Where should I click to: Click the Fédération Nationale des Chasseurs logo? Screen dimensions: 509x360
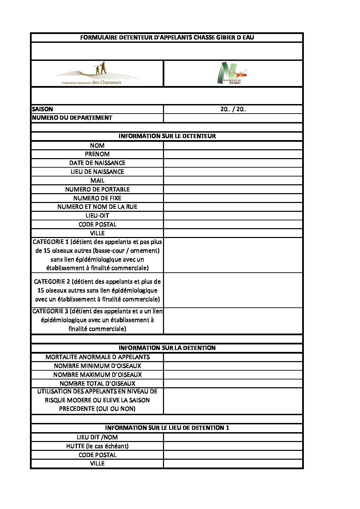coord(97,74)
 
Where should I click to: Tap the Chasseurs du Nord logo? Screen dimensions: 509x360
coord(232,73)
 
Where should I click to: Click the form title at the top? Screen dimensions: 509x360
coord(167,37)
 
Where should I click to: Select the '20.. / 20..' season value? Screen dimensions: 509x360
coord(233,109)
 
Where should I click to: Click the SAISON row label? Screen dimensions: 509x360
coord(43,109)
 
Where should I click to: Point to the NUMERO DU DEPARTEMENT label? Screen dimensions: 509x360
coord(72,118)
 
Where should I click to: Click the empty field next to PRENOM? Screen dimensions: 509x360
coord(233,154)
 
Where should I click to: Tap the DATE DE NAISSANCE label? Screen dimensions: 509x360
coord(97,163)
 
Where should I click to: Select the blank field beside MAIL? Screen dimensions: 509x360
coord(233,181)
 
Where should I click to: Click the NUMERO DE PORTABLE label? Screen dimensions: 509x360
coord(97,189)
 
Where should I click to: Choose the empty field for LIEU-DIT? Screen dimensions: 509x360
coord(233,216)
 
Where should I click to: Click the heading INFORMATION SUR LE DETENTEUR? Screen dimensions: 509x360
coord(167,136)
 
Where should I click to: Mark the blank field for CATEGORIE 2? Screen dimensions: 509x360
coord(233,290)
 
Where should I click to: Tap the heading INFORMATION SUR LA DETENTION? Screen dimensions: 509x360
coord(167,348)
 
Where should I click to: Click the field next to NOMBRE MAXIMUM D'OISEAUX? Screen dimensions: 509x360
coord(233,375)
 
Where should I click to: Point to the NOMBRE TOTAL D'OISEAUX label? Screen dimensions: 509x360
coord(97,383)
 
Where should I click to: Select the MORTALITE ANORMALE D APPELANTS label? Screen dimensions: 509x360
coord(97,357)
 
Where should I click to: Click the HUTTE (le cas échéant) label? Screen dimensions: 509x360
coord(97,446)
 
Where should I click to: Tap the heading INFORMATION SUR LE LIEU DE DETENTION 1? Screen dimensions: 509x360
coord(167,428)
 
